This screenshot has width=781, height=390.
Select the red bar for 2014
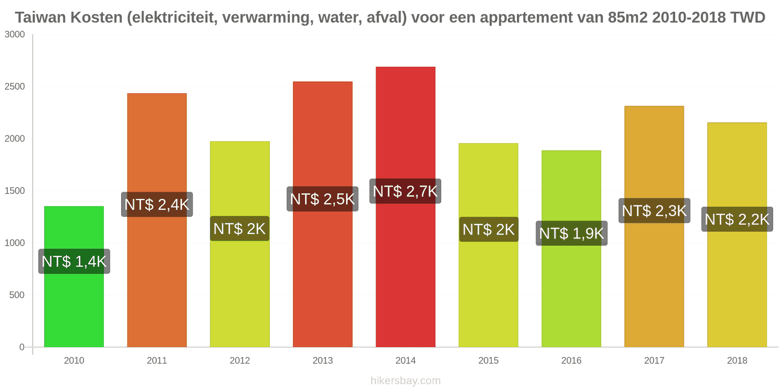tap(405, 268)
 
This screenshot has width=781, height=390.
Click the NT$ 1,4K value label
tap(74, 261)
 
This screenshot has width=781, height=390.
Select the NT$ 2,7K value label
tap(405, 191)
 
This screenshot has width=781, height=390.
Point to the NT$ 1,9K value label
tap(572, 234)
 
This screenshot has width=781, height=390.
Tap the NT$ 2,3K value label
tap(654, 211)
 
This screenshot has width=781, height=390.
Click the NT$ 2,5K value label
tap(322, 199)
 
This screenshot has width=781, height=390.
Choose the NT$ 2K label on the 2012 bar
tap(240, 229)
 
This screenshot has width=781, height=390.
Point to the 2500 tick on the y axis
tap(15, 87)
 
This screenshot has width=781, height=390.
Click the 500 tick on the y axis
tap(17, 295)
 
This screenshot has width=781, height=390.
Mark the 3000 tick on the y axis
tap(15, 35)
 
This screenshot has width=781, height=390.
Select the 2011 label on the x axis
tap(157, 361)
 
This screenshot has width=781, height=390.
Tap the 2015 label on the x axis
tap(488, 361)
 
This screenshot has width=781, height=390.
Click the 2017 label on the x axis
tap(654, 361)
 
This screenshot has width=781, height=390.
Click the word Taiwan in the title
tap(41, 18)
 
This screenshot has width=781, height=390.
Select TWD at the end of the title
tap(747, 18)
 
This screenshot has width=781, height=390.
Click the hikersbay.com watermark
tap(405, 381)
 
